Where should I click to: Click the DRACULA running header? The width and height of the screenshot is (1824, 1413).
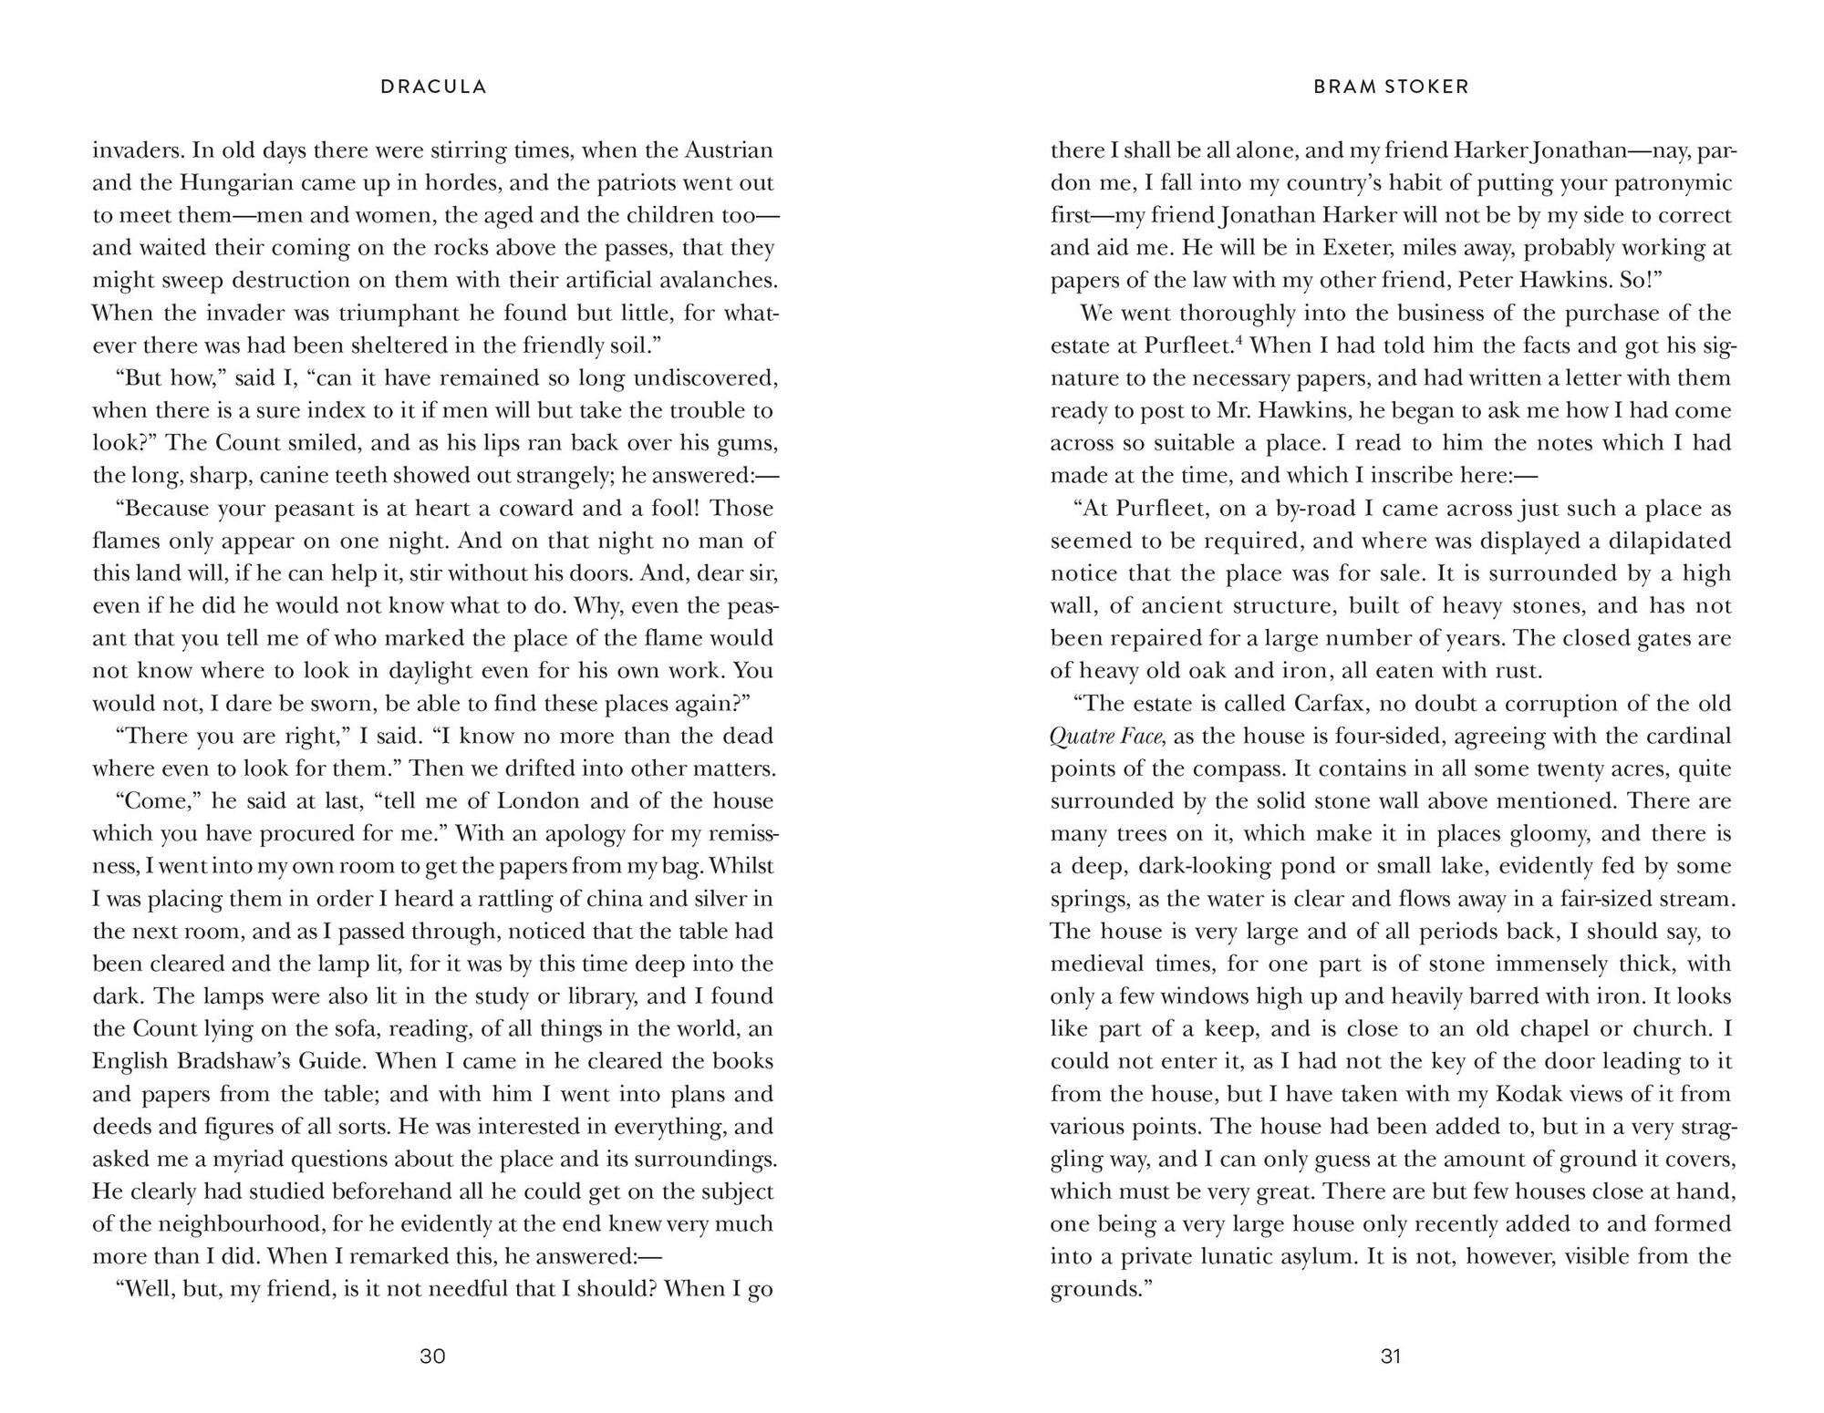pos(433,88)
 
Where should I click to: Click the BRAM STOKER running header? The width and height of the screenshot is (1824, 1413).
pos(1391,88)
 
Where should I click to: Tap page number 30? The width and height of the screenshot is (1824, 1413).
pos(432,1356)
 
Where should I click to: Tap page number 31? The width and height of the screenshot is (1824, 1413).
pos(1391,1356)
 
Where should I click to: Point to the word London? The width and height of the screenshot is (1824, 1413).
pos(537,801)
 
